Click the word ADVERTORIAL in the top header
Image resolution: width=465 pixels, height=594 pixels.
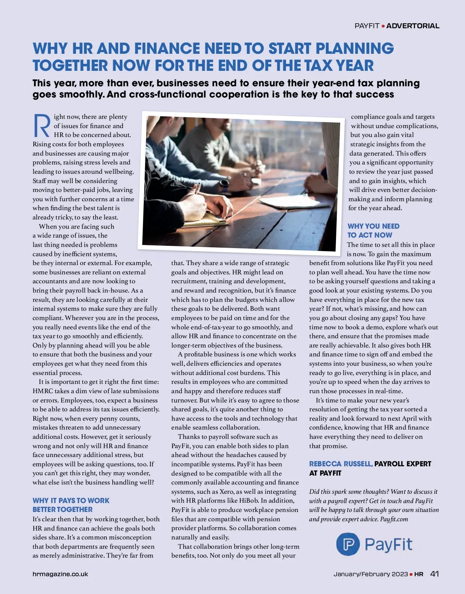(x=413, y=26)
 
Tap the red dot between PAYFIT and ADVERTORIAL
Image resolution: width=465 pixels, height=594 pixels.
(x=383, y=26)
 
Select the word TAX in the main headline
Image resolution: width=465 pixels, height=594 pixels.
(x=319, y=65)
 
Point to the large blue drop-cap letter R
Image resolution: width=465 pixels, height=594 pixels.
(x=41, y=126)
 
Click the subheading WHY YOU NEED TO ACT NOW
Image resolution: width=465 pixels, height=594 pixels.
(x=373, y=231)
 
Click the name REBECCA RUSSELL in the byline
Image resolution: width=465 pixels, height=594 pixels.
(x=341, y=464)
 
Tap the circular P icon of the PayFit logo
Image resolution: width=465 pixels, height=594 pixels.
(x=348, y=544)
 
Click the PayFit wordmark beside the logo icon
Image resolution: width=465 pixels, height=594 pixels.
(x=388, y=544)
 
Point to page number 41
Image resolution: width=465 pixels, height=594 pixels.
(x=434, y=574)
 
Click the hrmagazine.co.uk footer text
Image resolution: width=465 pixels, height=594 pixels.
(x=60, y=574)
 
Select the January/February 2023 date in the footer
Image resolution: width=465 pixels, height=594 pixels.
(x=370, y=574)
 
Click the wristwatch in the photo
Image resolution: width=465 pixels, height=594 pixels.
(x=224, y=184)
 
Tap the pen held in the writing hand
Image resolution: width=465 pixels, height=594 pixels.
(x=197, y=189)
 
